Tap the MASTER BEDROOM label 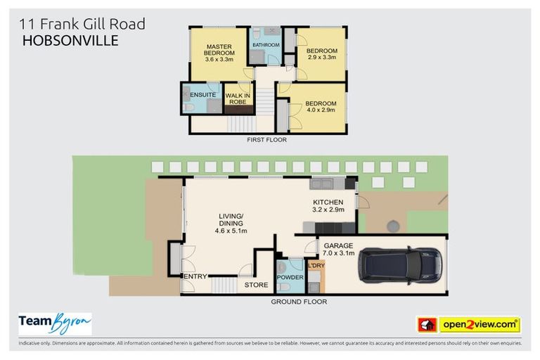pos(219,49)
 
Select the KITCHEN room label pos(328,202)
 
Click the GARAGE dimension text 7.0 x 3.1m pos(337,254)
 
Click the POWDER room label pos(290,277)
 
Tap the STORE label pos(256,285)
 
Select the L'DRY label pos(316,265)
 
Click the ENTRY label pos(195,276)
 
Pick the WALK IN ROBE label pos(238,98)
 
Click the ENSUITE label pos(202,94)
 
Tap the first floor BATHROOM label pos(266,44)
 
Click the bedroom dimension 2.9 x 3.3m pos(321,58)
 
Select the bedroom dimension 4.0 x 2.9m pos(320,110)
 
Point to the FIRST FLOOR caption pos(268,139)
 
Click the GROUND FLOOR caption pos(299,302)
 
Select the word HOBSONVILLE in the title pos(70,41)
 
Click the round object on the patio pos(392,226)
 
